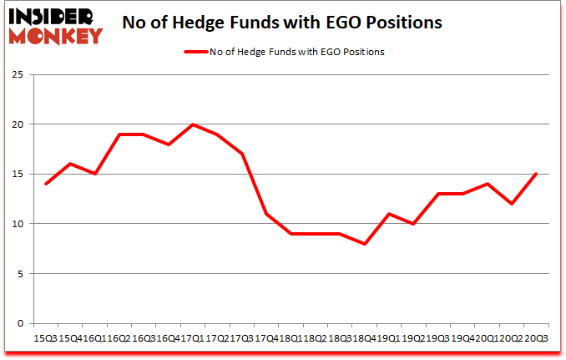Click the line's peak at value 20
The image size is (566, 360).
[193, 124]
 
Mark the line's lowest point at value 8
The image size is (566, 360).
[365, 244]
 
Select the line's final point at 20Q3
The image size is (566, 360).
[536, 174]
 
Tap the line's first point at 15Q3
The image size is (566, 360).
[46, 184]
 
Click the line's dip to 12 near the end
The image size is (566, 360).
[511, 204]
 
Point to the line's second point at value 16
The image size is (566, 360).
[70, 164]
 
